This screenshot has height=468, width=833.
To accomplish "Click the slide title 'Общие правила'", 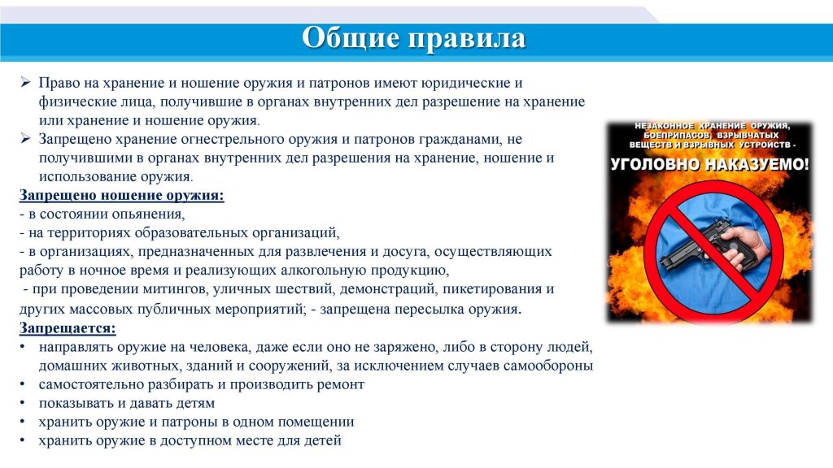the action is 414,38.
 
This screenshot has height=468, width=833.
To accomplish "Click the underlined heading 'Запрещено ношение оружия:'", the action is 122,195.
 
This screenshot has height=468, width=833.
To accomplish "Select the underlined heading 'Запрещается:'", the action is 68,328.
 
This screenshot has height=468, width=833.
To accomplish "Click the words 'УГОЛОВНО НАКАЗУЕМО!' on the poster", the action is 709,164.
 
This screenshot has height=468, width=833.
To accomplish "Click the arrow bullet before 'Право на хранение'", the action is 26,82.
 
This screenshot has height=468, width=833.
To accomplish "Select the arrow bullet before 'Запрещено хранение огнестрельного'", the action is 26,138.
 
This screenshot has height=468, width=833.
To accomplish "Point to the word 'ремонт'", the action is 341,384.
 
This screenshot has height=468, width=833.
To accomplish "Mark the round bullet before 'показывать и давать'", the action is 22,403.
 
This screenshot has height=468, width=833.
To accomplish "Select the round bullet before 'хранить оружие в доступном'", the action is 22,440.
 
